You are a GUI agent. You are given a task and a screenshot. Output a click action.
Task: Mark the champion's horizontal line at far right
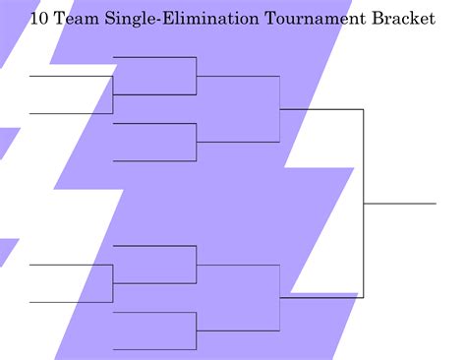[400, 204]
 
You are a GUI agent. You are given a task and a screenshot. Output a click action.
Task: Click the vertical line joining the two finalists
[364, 204]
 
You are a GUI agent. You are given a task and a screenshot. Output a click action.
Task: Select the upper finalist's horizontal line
[321, 109]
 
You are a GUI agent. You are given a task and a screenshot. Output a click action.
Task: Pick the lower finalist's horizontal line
[321, 293]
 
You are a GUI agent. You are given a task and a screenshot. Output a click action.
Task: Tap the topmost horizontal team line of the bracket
[155, 57]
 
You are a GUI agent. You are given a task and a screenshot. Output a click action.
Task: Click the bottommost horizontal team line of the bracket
[155, 348]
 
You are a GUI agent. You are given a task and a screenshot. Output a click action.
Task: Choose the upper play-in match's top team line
[71, 76]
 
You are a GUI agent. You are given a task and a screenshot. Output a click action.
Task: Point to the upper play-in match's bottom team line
[71, 113]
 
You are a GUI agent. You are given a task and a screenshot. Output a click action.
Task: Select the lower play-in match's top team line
[71, 265]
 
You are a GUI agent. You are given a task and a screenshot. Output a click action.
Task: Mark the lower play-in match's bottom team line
[71, 301]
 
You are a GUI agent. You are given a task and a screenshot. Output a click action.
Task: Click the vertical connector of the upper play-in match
[113, 94]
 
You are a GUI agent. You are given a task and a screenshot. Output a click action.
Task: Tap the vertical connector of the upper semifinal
[280, 109]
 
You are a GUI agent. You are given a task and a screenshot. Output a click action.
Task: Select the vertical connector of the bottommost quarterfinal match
[197, 330]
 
